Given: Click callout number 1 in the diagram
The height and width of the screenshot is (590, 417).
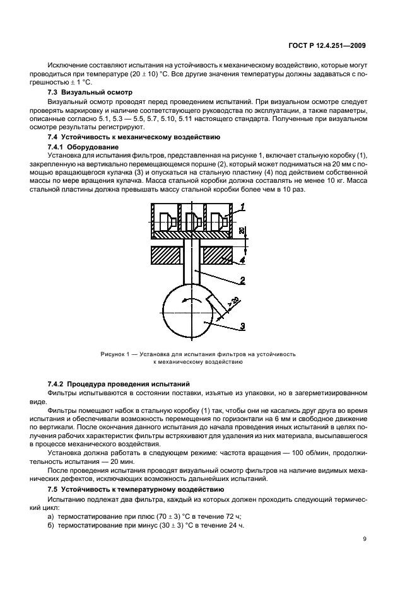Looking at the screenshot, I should (x=242, y=207).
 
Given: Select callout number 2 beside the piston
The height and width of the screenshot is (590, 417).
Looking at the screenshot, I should (x=242, y=282).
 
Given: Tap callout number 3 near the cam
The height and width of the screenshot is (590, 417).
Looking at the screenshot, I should (x=242, y=326).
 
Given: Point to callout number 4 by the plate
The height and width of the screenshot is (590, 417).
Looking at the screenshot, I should (x=242, y=258).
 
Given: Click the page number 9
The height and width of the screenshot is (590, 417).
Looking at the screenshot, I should (x=365, y=538).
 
